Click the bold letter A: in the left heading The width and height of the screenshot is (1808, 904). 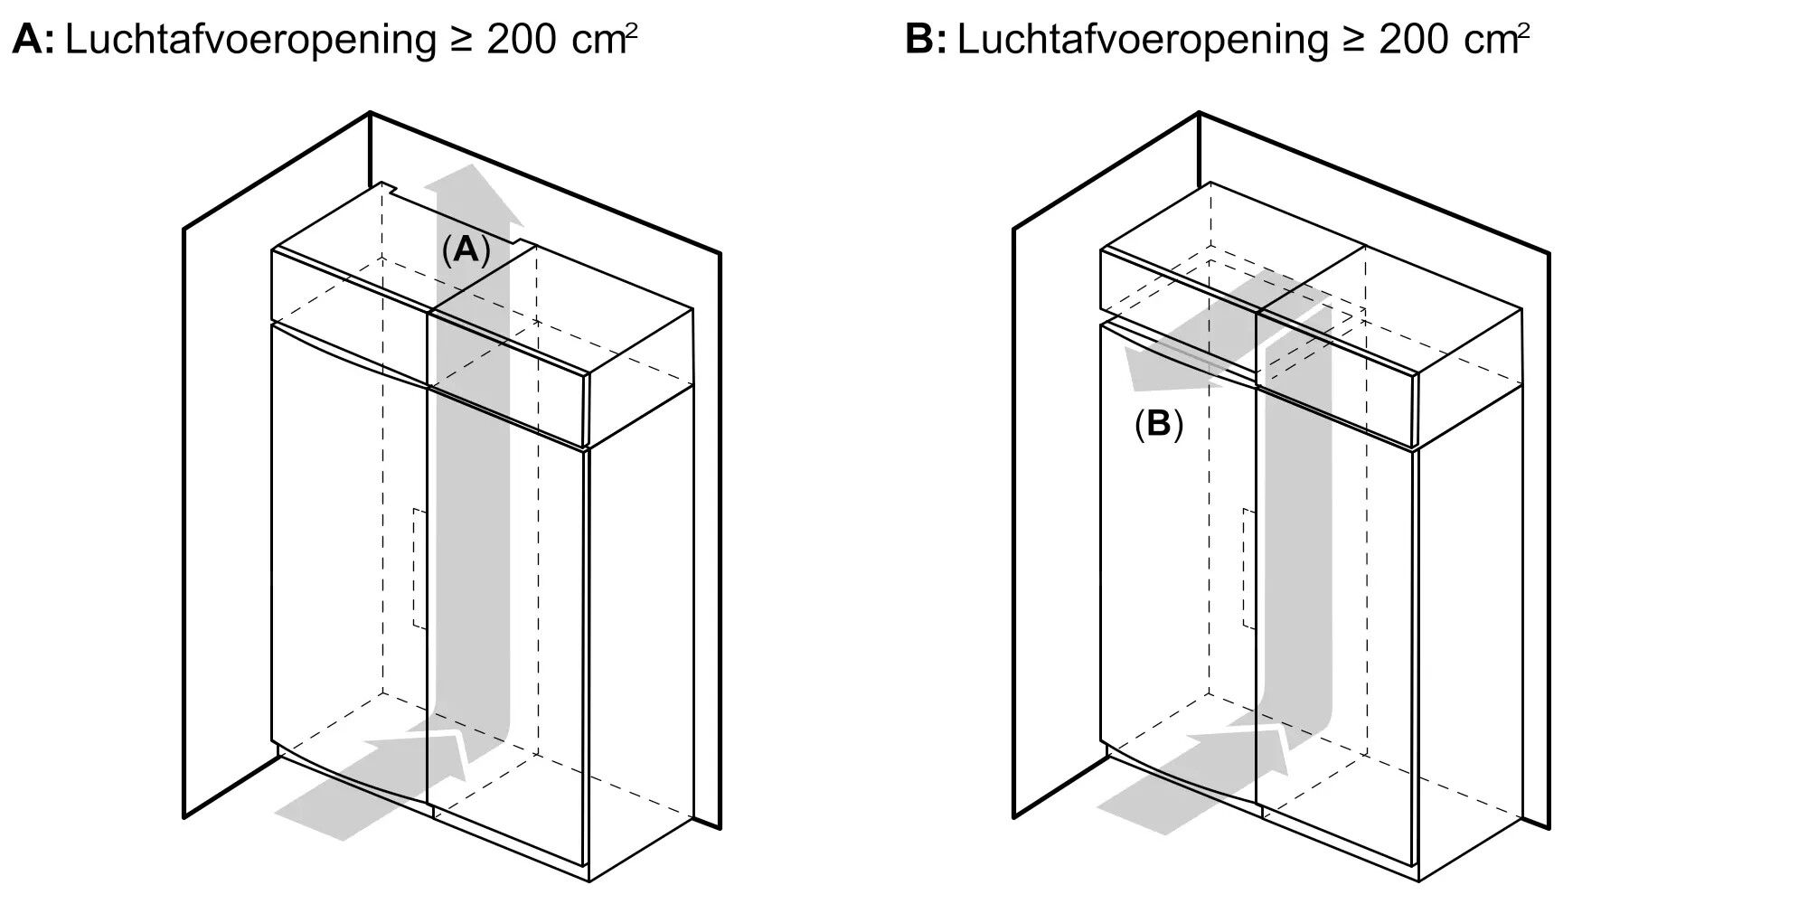tap(33, 40)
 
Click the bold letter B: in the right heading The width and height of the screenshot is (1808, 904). tap(925, 40)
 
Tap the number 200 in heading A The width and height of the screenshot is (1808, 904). tap(521, 40)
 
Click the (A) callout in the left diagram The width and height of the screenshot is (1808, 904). tap(466, 250)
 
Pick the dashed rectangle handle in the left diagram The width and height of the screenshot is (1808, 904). tap(419, 568)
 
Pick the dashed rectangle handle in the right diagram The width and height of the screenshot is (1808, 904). tap(1248, 568)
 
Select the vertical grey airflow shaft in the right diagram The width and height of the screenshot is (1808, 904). tap(1295, 542)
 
